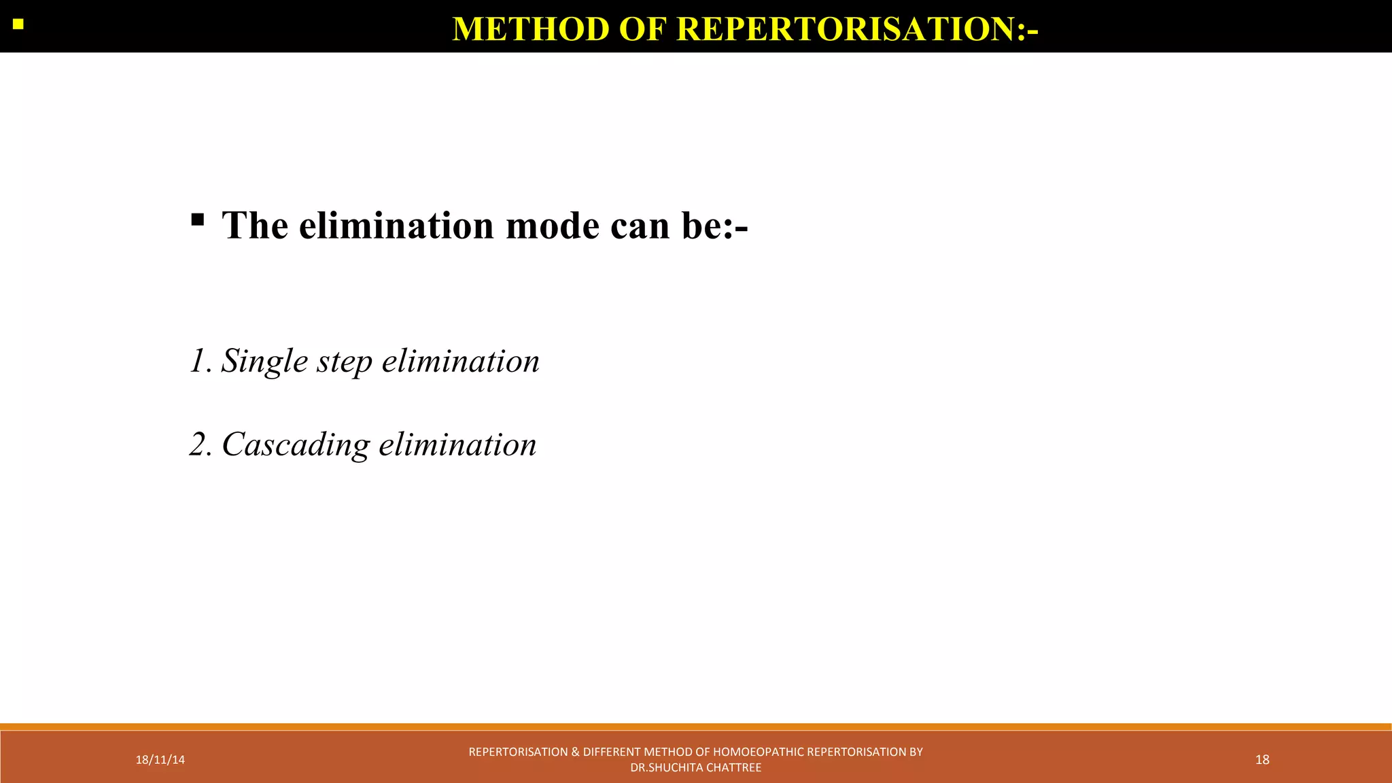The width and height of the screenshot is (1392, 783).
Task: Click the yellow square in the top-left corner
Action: click(x=18, y=25)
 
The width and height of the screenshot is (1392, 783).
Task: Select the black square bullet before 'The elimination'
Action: click(x=197, y=220)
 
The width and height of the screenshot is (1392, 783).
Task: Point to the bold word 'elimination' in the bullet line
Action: click(x=396, y=226)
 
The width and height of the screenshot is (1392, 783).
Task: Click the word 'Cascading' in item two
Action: click(x=296, y=445)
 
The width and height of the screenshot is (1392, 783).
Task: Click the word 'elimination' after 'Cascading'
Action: click(x=457, y=445)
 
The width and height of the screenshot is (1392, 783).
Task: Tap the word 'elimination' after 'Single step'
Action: click(x=460, y=361)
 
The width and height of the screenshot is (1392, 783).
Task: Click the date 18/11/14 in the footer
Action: click(x=160, y=760)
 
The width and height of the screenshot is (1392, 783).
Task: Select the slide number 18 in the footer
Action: click(x=1262, y=760)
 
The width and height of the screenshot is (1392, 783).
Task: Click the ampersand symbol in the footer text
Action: click(x=575, y=752)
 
